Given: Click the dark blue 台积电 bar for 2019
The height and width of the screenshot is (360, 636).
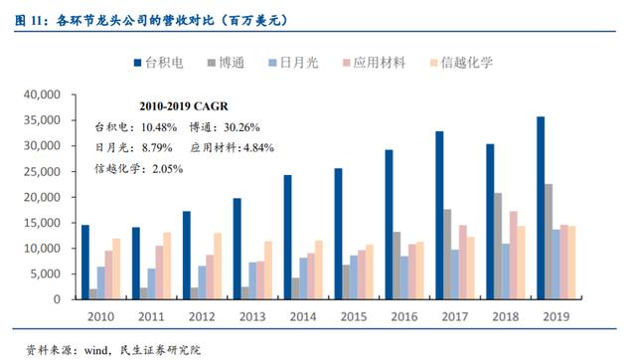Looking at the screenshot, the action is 541,208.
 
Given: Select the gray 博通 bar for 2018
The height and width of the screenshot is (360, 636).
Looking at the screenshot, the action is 498,246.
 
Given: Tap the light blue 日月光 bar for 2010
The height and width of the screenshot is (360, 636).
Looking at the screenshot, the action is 100,282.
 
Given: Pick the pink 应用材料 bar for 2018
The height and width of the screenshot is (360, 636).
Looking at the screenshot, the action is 513,256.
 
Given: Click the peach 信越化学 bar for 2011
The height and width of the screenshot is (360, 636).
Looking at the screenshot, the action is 167,266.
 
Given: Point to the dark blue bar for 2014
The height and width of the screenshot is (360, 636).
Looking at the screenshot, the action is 287,237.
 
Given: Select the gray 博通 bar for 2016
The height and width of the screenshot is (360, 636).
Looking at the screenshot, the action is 397,266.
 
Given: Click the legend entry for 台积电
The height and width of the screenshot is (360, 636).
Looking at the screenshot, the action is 159,63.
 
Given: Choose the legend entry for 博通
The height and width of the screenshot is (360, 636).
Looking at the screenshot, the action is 227,63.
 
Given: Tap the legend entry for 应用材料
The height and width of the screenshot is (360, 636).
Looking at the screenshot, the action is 374,63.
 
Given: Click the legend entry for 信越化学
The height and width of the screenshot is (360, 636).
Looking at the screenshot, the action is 461,63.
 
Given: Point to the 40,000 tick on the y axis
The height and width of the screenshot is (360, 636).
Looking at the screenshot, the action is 42,94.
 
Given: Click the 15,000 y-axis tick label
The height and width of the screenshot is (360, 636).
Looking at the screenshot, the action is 42,223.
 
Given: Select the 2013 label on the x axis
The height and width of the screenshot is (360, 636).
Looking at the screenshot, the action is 252,316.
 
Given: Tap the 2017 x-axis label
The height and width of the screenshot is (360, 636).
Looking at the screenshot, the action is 455,316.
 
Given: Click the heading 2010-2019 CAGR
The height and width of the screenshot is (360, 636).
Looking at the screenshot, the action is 184,106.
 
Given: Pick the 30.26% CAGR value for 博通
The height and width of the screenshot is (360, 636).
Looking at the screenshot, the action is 241,127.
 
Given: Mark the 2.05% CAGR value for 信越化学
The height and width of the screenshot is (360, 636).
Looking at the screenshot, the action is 168,168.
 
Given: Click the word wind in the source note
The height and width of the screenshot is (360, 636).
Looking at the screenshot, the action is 95,350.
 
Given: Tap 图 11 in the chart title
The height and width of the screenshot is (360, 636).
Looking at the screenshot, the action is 29,20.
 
